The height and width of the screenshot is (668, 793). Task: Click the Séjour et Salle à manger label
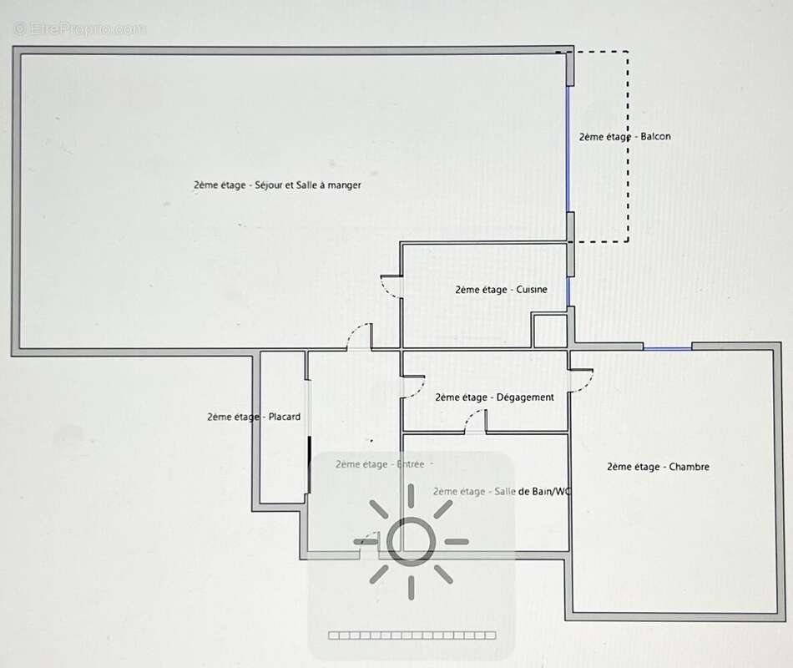pos(277,185)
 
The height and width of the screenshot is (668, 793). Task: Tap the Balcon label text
pos(625,137)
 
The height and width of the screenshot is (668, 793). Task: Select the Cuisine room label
pos(501,290)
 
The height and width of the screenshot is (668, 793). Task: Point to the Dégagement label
pos(495,397)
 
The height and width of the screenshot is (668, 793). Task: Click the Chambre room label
pos(658,467)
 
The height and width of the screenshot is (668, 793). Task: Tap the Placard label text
pos(254,417)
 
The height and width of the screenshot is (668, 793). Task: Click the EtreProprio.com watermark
pos(80,29)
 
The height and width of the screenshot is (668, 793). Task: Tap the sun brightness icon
pos(412,541)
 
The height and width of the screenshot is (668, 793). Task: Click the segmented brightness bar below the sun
pos(412,635)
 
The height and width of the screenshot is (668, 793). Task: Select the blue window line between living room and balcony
pos(568,149)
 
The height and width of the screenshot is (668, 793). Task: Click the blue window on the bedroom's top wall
pos(668,348)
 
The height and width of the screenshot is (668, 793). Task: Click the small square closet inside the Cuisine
pos(550,331)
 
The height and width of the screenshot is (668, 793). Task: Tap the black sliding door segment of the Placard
pos(309,464)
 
